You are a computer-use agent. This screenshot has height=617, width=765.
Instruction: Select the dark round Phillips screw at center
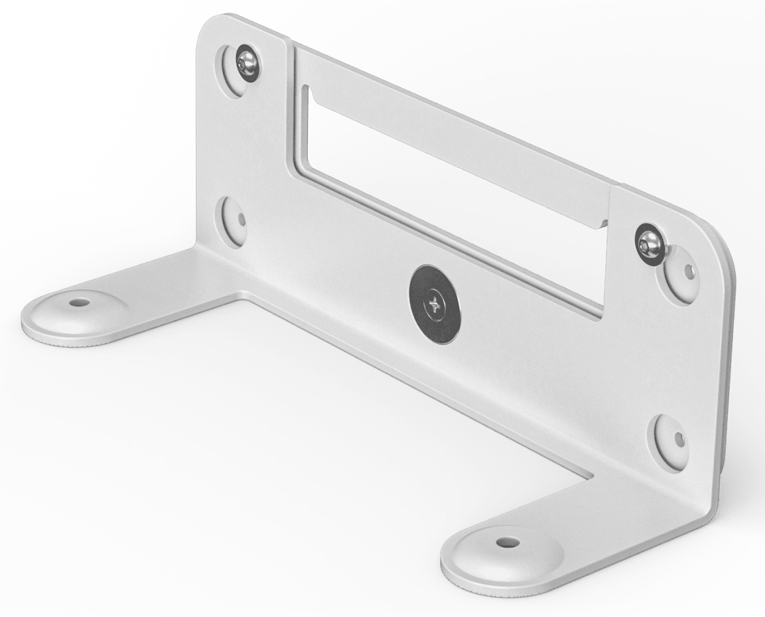tap(435, 305)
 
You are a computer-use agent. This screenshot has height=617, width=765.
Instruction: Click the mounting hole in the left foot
tap(80, 302)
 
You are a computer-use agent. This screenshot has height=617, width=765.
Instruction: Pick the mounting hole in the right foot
tap(508, 542)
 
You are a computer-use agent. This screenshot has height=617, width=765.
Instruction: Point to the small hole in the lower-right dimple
tap(678, 439)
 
